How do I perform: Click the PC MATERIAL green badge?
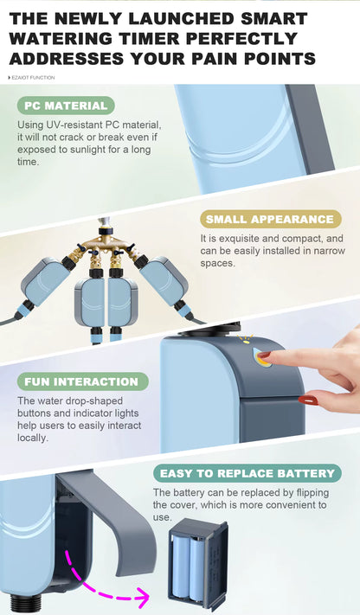click(x=66, y=106)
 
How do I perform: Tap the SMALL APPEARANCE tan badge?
click(x=270, y=219)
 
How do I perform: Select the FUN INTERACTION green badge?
click(x=82, y=381)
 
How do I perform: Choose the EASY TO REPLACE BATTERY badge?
click(x=247, y=473)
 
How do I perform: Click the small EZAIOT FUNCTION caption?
click(x=31, y=78)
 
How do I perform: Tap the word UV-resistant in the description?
click(x=74, y=125)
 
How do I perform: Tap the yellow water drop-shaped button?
click(x=262, y=358)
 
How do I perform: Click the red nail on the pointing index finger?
click(x=264, y=356)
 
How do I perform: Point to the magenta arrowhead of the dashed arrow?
click(x=142, y=598)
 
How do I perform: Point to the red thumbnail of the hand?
click(x=308, y=400)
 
